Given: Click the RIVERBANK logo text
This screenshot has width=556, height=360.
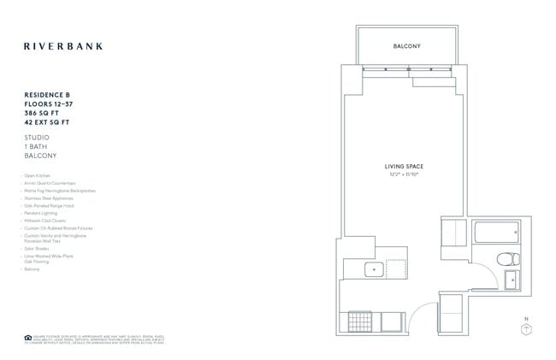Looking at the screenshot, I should [x=62, y=46].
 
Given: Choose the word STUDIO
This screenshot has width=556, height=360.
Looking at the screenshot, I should [x=38, y=137].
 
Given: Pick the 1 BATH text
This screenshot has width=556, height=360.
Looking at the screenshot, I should [x=38, y=146].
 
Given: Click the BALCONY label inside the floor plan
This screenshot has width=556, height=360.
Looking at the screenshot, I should [x=407, y=46].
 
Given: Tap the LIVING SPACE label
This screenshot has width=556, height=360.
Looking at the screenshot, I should [x=404, y=166].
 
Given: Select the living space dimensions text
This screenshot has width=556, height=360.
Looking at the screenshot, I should [x=404, y=174].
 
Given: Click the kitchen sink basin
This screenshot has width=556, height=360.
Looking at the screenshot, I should [x=373, y=269].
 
